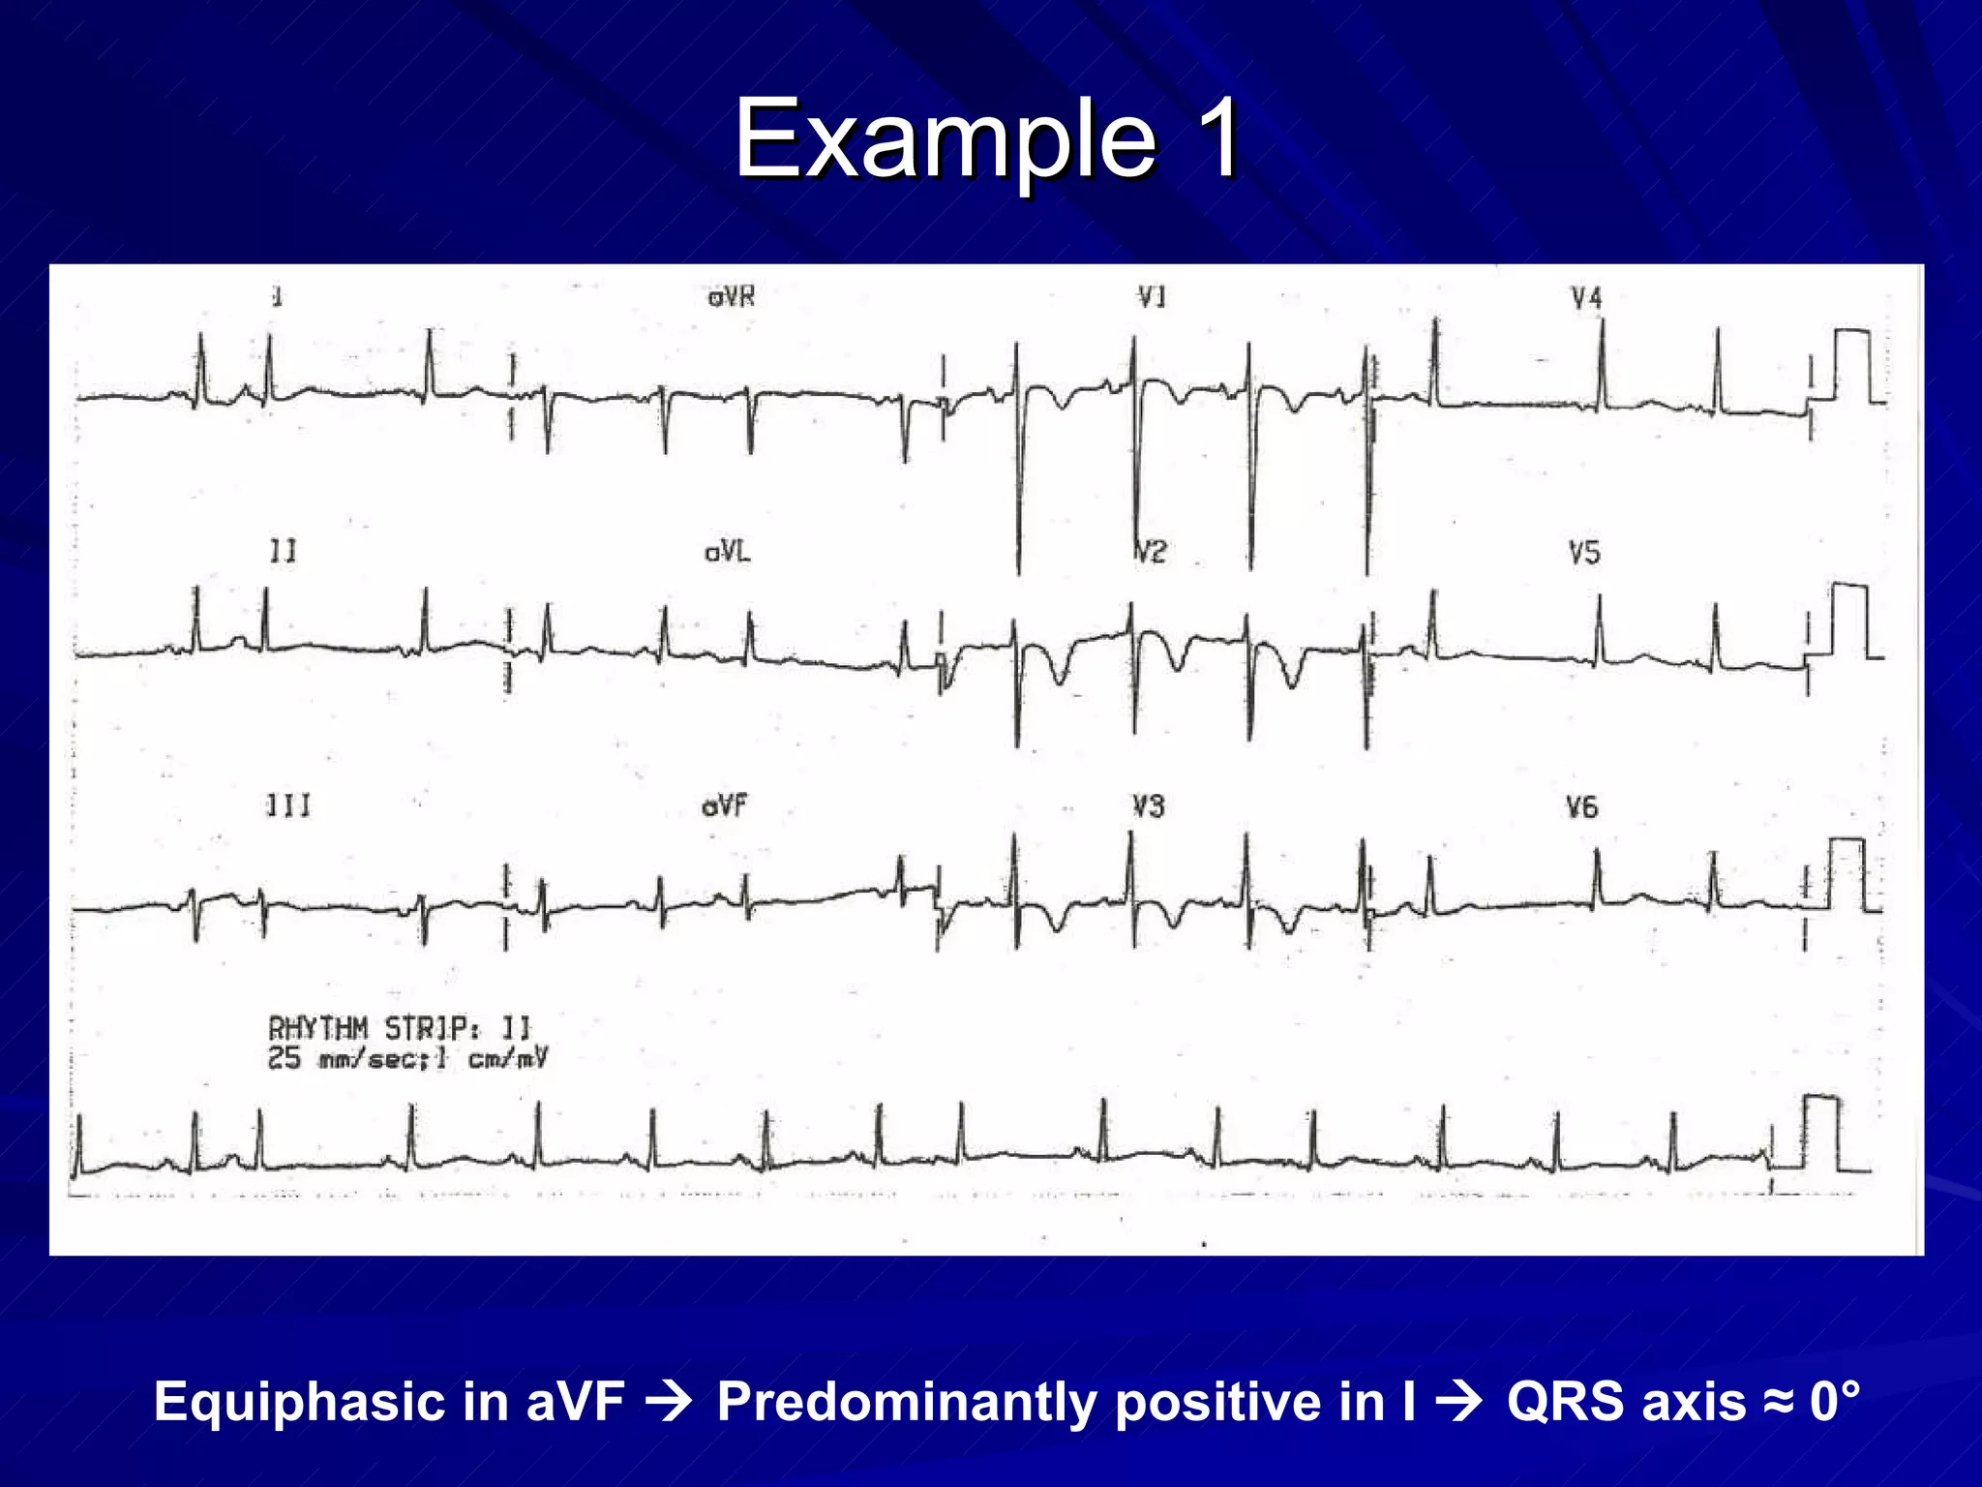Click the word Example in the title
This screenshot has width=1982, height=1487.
pyautogui.click(x=945, y=140)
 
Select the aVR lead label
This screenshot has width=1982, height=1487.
pyautogui.click(x=731, y=296)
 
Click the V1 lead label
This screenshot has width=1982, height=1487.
pyautogui.click(x=1152, y=296)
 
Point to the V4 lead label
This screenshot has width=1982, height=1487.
pyautogui.click(x=1586, y=298)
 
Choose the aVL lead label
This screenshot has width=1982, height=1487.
pyautogui.click(x=727, y=552)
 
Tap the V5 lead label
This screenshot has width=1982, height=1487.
pyautogui.click(x=1584, y=553)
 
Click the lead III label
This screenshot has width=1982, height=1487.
pyautogui.click(x=288, y=805)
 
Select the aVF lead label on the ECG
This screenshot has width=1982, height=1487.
pyautogui.click(x=725, y=805)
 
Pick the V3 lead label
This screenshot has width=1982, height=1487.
pyautogui.click(x=1149, y=806)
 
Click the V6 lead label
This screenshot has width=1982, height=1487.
pyautogui.click(x=1582, y=806)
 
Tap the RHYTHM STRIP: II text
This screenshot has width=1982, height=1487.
pyautogui.click(x=400, y=1028)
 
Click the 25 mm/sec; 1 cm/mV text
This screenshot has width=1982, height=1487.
pyautogui.click(x=407, y=1059)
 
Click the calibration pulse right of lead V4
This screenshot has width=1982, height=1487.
pyautogui.click(x=1851, y=366)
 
